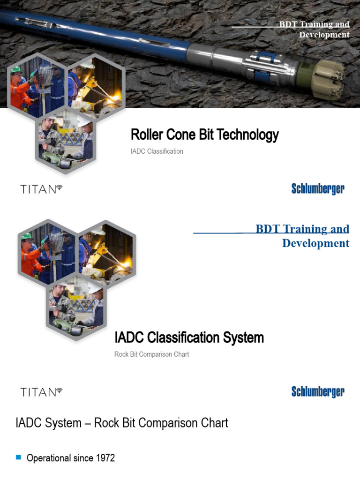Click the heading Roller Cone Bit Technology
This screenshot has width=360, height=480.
204,135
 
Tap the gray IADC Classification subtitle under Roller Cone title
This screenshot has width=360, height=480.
157,151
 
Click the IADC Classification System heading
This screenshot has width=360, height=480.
189,337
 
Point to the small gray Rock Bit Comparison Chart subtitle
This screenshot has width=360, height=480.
151,354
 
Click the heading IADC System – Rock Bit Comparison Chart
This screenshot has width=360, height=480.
122,423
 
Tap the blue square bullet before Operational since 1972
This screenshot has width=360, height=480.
19,457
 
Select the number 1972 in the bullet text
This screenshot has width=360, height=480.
104,458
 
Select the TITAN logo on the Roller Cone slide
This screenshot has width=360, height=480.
41,189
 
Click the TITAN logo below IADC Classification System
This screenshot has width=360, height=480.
41,392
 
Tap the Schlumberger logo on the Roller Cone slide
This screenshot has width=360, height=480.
318,189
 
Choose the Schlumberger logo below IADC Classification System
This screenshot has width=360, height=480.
318,392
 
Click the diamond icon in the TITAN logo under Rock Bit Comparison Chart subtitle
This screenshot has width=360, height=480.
59,390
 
